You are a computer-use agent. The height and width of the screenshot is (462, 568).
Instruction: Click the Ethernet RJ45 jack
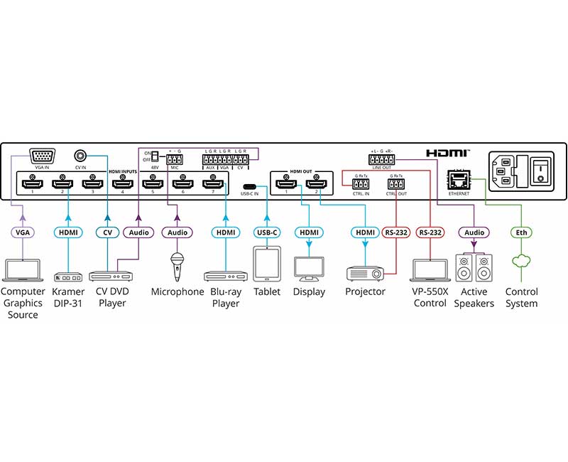[x=456, y=179]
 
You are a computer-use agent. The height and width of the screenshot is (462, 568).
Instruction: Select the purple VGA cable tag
[x=23, y=232]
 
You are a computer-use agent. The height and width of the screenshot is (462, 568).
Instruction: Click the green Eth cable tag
[x=521, y=232]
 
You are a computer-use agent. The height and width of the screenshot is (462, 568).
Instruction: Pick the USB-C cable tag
[x=267, y=232]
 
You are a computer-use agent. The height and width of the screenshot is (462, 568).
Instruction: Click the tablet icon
[x=267, y=264]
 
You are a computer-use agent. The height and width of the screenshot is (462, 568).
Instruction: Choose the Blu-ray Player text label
[x=225, y=297]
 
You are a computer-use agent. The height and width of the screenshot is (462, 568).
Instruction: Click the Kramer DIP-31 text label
[x=68, y=297]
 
